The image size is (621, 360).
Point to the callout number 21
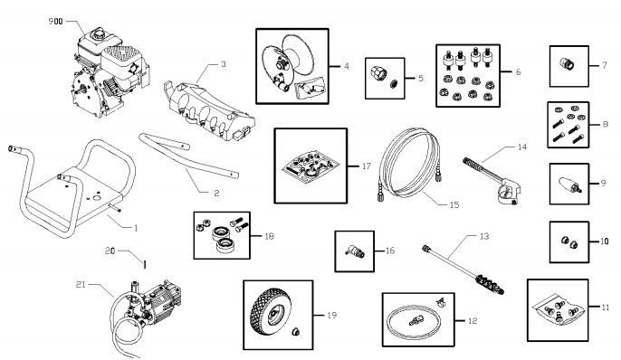[81, 283]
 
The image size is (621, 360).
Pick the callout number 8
[606, 123]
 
